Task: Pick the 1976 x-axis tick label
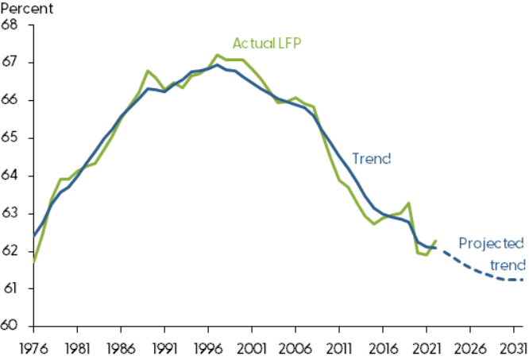click(33, 346)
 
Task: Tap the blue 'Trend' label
click(372, 158)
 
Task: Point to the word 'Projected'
click(492, 243)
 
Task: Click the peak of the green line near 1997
click(218, 55)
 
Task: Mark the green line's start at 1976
click(33, 261)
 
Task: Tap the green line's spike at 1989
click(148, 71)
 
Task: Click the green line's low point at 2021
click(427, 255)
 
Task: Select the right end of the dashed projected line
click(522, 279)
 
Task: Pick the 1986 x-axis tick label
click(121, 346)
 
